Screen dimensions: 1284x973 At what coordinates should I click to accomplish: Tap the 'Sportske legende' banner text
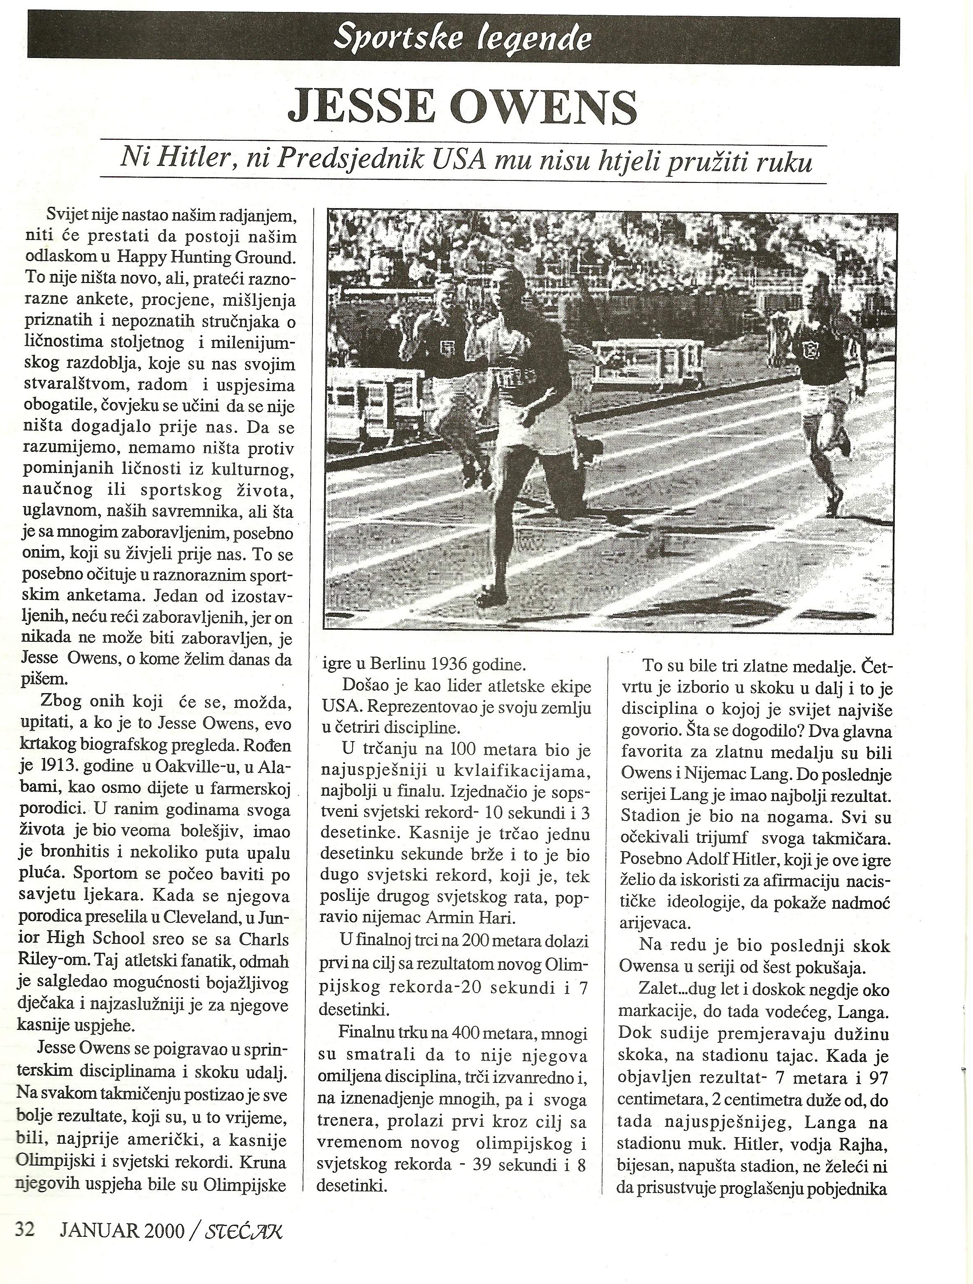[x=463, y=39]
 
